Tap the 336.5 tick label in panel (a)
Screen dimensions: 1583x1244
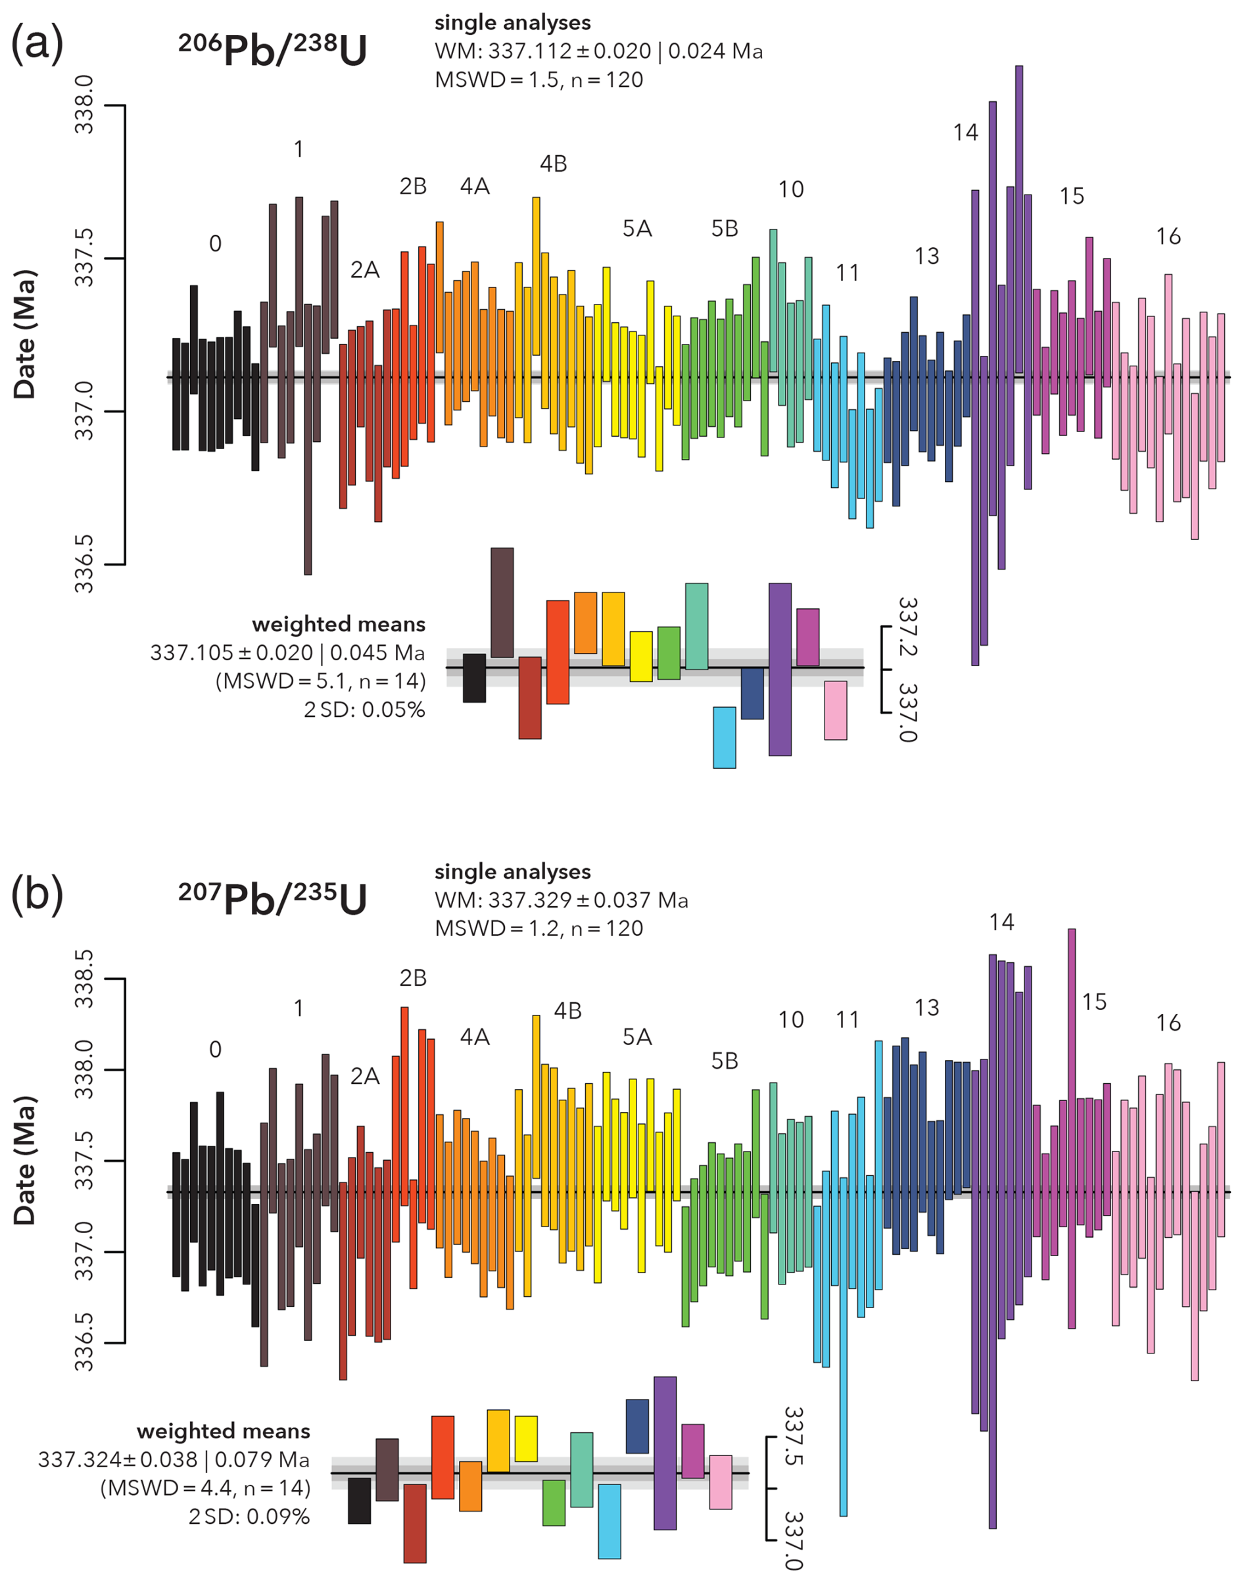[84, 564]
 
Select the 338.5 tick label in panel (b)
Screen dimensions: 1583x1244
[84, 979]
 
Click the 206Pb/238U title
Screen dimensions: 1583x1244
[272, 49]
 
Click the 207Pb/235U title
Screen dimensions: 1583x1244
[272, 898]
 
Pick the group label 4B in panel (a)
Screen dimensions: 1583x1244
[554, 164]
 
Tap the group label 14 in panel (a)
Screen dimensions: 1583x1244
[966, 133]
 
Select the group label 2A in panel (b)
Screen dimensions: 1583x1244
[365, 1076]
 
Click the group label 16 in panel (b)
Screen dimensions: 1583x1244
[1168, 1023]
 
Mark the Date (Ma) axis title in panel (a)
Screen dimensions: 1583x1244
[25, 335]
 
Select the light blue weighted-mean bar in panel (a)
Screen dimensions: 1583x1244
[724, 737]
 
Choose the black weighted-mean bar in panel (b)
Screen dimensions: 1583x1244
[359, 1500]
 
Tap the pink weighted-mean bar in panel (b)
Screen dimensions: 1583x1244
[721, 1482]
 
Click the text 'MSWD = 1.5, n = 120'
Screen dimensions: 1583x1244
[539, 80]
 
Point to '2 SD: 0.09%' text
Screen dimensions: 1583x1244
[249, 1517]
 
